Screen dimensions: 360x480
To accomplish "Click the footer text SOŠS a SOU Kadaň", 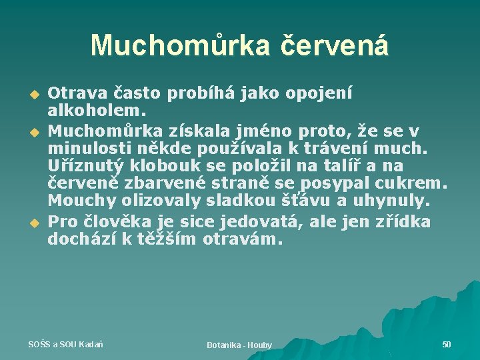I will [x=65, y=344].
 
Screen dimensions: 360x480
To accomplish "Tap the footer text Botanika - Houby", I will [x=239, y=345].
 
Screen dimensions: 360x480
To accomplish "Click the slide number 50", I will [x=447, y=344].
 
